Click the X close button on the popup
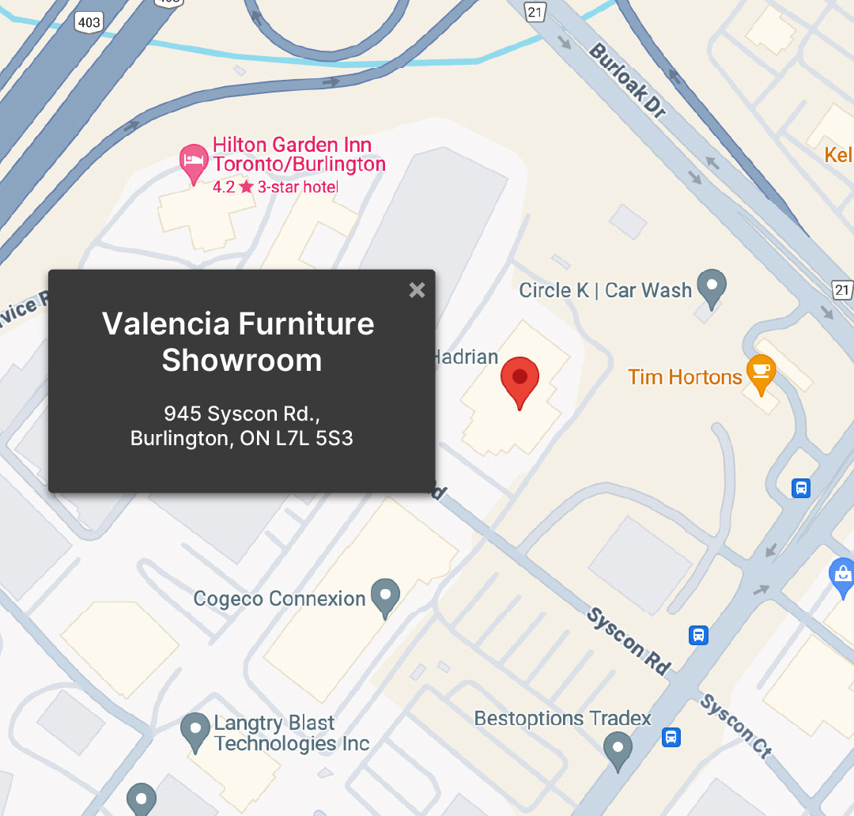(417, 290)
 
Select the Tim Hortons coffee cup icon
(761, 372)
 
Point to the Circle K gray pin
(712, 288)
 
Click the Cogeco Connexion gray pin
(385, 596)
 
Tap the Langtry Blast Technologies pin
(195, 731)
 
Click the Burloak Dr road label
(628, 81)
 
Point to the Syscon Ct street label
(735, 726)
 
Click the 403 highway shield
(89, 21)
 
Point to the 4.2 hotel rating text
(224, 187)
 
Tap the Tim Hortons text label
(685, 377)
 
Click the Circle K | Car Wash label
(605, 290)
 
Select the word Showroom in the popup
(242, 361)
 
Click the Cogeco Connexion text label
(279, 599)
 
